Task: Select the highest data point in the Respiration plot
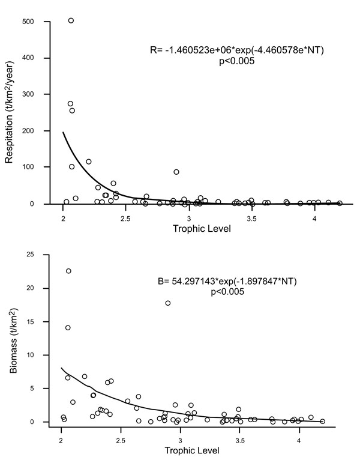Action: (x=71, y=20)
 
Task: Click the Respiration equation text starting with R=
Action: (x=238, y=51)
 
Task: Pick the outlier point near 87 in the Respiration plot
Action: (x=176, y=172)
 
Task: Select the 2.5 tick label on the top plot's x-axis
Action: (x=125, y=217)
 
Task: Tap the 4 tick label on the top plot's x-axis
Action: (x=315, y=217)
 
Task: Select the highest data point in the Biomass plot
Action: (x=68, y=271)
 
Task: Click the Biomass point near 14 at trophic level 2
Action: (x=68, y=327)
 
